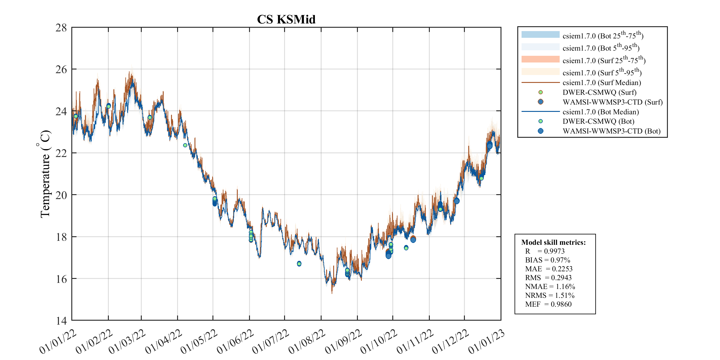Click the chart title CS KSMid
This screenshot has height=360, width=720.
coord(286,20)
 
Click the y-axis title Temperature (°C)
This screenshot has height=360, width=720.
coord(45,174)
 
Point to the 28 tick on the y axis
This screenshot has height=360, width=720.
coord(61,28)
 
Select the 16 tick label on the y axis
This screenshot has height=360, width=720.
coord(61,279)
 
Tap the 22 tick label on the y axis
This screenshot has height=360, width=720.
coord(61,153)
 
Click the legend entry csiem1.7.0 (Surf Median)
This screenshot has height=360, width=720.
coord(601,83)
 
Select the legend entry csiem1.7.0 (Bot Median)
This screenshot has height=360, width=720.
coord(601,112)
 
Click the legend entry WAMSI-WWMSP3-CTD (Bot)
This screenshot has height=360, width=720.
coord(611,131)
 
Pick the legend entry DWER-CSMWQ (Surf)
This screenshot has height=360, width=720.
coord(599,92)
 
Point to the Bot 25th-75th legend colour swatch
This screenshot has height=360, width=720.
coord(540,35)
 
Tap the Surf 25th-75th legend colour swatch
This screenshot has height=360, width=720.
coord(540,59)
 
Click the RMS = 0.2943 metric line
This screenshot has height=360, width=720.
coord(548,278)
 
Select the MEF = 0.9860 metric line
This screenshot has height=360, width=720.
coord(548,304)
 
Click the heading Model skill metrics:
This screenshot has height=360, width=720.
coord(553,242)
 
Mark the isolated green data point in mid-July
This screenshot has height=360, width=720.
coord(299,263)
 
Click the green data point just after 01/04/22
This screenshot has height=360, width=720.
coord(185,145)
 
